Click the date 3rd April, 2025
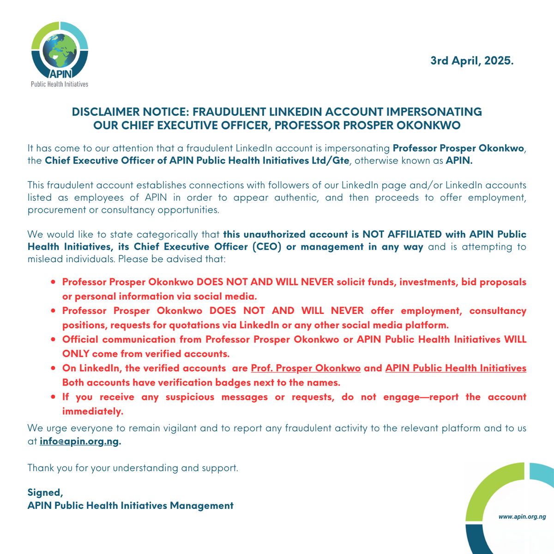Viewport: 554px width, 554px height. tap(471, 60)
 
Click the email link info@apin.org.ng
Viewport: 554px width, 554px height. tap(79, 441)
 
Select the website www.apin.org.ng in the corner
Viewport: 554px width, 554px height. tap(522, 517)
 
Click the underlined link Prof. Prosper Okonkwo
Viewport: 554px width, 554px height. tap(306, 368)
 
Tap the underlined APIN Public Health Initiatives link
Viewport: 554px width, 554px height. tap(456, 368)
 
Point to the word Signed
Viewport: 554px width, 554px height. tap(44, 492)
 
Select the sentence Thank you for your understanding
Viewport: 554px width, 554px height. tap(132, 468)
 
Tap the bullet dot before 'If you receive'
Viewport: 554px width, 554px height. tap(54, 397)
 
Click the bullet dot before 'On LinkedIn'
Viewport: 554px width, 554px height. tap(54, 368)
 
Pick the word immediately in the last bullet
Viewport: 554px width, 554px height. tap(93, 411)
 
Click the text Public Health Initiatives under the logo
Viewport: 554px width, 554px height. tap(59, 84)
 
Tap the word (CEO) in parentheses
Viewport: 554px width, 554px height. tap(267, 247)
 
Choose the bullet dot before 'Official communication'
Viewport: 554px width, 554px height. tap(54, 340)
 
